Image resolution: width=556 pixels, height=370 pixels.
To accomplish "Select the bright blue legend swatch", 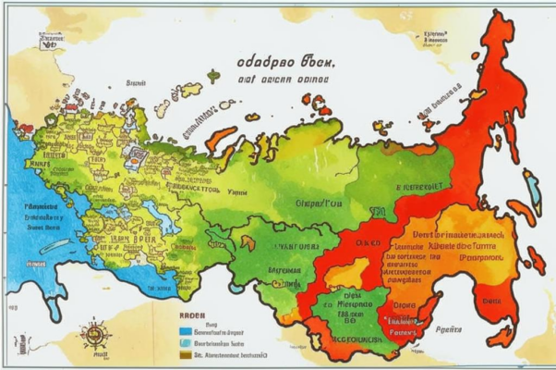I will point(186,328).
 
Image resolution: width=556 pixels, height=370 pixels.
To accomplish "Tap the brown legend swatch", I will point(186,353).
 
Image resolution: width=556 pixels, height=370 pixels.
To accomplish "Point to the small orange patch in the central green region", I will point(247,241).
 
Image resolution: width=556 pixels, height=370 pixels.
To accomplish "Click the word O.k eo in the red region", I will point(367,242).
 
